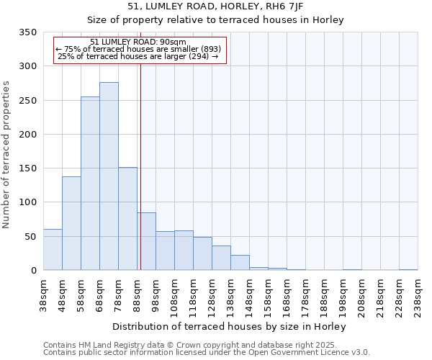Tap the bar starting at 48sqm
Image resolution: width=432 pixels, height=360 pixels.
pos(71,223)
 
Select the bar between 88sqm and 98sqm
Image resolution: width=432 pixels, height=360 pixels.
pos(146,241)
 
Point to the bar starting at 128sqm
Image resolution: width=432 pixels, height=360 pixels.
pos(221,258)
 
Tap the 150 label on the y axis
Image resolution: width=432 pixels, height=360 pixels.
pos(28,168)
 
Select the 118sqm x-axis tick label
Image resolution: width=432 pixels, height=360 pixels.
pos(194,294)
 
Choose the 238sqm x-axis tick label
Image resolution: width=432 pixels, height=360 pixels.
pos(418,294)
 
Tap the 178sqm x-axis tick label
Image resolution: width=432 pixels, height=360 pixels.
pos(306,294)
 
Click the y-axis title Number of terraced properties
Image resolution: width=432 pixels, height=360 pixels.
pos(7,155)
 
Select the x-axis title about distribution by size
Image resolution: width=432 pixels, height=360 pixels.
pos(230,326)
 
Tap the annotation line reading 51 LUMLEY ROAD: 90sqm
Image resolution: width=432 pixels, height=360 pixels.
pos(139,42)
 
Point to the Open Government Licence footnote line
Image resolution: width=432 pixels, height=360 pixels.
pos(207,353)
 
